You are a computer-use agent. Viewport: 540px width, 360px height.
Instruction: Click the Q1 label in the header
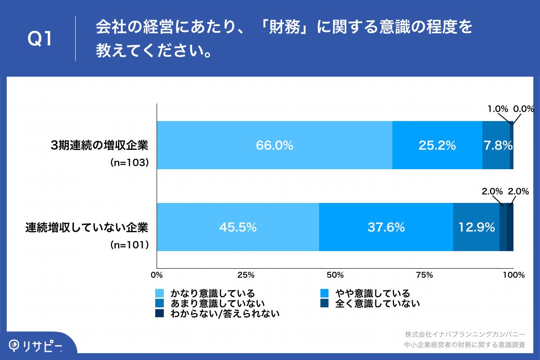click(40, 40)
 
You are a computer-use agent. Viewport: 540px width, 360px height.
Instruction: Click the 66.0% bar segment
click(274, 145)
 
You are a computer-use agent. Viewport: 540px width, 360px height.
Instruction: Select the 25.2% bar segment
click(437, 145)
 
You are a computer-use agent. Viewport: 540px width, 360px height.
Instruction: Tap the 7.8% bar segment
click(496, 145)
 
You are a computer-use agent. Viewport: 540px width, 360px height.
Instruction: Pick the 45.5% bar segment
click(238, 227)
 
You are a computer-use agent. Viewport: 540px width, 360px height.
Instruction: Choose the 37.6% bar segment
click(386, 227)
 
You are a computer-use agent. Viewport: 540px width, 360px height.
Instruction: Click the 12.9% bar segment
click(476, 227)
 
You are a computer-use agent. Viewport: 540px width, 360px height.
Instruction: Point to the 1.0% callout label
click(498, 108)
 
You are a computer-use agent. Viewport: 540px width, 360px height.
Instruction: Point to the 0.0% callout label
click(523, 108)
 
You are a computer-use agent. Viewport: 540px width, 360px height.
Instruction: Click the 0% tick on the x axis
click(157, 275)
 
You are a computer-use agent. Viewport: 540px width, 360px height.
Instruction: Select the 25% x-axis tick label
click(246, 275)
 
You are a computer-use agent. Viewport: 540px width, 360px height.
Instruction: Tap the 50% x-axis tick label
click(335, 275)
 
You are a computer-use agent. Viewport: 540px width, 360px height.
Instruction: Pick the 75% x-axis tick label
click(424, 275)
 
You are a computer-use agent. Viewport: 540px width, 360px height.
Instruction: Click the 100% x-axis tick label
click(513, 275)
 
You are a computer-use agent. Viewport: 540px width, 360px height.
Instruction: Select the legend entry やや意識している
click(372, 293)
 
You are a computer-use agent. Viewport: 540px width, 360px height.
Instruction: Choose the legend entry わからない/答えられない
click(225, 314)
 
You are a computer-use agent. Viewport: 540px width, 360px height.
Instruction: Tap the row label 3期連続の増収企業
click(99, 145)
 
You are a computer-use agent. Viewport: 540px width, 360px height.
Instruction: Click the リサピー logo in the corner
click(36, 346)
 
